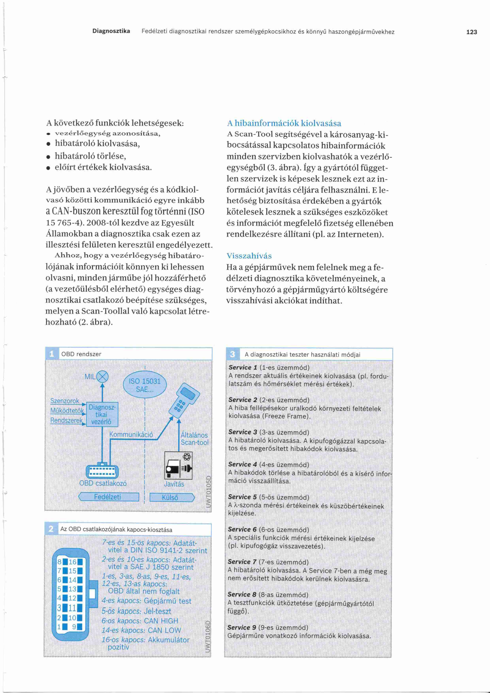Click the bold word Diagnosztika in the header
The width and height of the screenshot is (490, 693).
pos(111,31)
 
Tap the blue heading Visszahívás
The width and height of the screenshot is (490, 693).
pos(249,256)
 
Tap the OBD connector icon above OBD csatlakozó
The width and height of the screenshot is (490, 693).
pos(102,471)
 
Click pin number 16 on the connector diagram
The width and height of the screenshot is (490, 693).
pos(73,562)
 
